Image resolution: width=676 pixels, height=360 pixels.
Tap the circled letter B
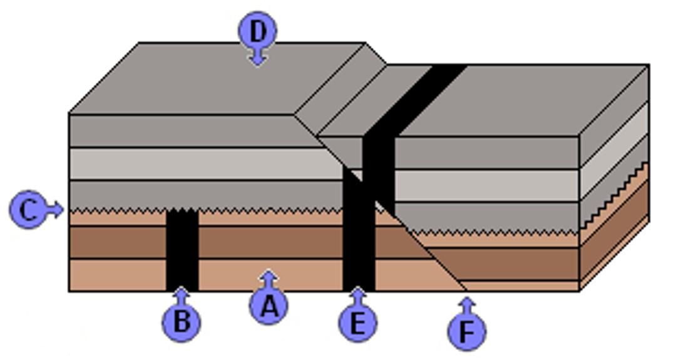(182, 322)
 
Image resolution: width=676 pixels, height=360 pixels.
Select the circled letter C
(28, 210)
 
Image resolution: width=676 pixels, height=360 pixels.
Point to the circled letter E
(358, 322)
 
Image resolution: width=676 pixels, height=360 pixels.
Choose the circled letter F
(467, 332)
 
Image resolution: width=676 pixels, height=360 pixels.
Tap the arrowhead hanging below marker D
(258, 58)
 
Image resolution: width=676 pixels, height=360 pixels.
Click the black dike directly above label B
(182, 250)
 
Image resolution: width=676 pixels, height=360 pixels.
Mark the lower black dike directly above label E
(359, 229)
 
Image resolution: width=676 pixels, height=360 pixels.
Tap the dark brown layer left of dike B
(118, 242)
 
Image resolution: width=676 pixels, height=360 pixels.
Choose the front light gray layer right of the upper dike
(486, 185)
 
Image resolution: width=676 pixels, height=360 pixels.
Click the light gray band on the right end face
(614, 151)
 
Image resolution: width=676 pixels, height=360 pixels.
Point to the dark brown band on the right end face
(614, 230)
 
